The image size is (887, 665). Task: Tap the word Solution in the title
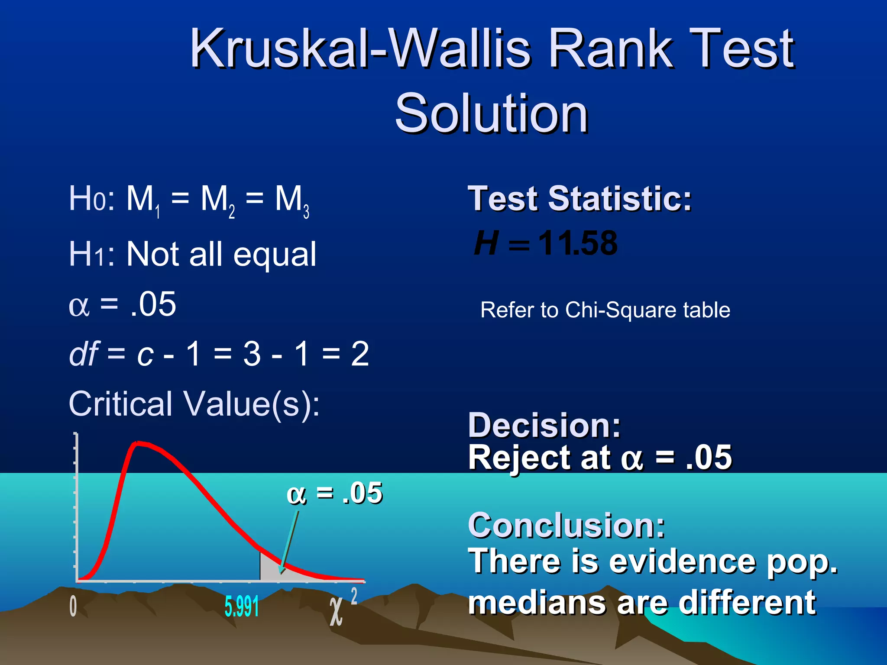491,113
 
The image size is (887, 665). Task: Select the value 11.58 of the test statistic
578,243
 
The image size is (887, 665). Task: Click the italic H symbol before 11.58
486,243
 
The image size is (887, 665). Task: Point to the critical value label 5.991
242,606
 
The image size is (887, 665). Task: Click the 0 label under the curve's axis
73,606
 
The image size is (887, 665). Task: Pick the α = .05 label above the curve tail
334,493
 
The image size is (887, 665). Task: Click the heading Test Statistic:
579,199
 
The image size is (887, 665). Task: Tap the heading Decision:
544,425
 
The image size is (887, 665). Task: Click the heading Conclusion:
566,525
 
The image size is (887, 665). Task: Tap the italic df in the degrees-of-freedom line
84,354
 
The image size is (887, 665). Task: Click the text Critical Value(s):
194,404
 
